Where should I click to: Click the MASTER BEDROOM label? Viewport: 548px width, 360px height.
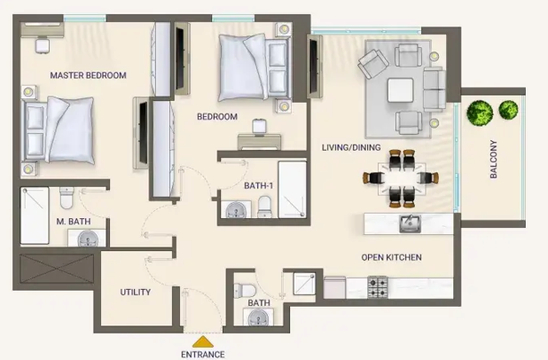88,75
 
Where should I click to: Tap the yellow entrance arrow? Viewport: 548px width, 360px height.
203,342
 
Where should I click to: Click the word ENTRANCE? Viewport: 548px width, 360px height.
203,355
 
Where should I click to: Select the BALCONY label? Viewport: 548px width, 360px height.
494,160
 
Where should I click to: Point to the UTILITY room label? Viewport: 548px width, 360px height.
136,292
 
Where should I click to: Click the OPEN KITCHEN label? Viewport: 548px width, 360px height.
391,257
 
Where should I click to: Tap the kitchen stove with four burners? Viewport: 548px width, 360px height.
378,287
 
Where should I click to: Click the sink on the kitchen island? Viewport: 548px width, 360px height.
411,224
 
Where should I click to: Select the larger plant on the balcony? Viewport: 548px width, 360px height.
480,113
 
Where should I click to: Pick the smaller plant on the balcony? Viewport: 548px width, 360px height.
508,110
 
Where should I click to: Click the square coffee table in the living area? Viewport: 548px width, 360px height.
401,90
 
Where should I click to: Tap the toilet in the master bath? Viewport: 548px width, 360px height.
67,198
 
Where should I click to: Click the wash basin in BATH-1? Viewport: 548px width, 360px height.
236,210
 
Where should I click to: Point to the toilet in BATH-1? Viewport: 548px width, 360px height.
264,207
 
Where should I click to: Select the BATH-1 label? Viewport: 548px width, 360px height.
258,185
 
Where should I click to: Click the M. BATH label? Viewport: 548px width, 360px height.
74,222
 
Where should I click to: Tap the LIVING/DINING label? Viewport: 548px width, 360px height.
351,147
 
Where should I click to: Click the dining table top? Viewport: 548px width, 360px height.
402,178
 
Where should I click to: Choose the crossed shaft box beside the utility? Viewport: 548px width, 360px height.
57,269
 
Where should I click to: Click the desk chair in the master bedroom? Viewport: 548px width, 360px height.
43,45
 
